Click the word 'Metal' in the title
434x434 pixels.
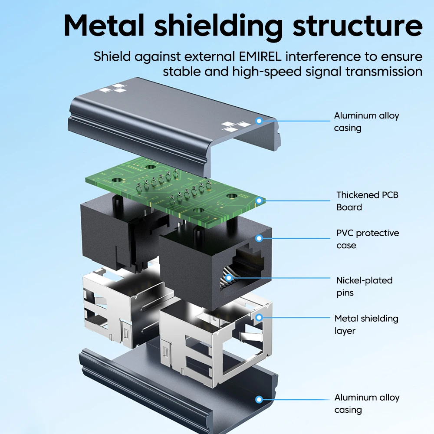(x=104, y=26)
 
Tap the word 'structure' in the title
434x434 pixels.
(x=358, y=26)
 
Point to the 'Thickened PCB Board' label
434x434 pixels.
(x=367, y=201)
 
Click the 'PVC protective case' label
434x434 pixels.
(x=368, y=239)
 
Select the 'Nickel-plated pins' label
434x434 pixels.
(x=364, y=286)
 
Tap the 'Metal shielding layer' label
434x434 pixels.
(x=366, y=324)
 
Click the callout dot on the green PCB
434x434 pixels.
(x=259, y=201)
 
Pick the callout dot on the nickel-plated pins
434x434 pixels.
(x=229, y=278)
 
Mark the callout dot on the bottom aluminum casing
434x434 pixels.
(x=259, y=399)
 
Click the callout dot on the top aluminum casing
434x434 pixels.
(x=259, y=121)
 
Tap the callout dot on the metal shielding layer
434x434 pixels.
(x=259, y=318)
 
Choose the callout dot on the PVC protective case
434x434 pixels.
(x=259, y=238)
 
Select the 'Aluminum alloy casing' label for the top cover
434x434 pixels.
(x=366, y=122)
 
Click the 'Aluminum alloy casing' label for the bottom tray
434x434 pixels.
(x=367, y=404)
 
